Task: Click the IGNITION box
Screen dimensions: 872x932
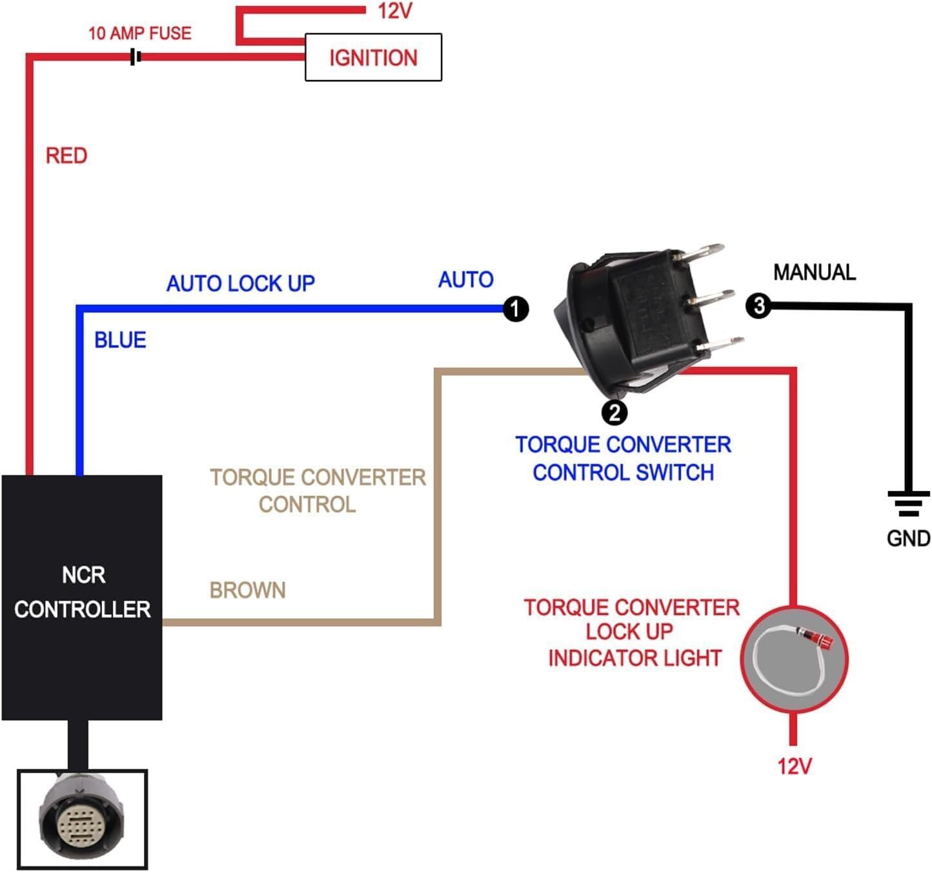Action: (x=373, y=57)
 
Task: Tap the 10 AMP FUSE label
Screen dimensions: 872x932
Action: (x=139, y=33)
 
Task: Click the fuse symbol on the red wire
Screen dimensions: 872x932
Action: (x=136, y=57)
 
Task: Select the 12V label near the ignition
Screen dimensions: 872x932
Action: (x=394, y=11)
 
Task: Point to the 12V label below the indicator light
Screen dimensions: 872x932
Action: (x=794, y=766)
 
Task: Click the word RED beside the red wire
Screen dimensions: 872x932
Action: (x=66, y=156)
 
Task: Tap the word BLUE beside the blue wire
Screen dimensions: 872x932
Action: (x=120, y=340)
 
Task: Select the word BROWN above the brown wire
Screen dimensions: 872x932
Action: (x=247, y=590)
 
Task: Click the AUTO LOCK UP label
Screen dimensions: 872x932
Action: (x=240, y=283)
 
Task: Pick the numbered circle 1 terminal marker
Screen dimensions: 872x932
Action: (x=515, y=309)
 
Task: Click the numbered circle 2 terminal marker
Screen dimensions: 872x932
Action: (x=614, y=412)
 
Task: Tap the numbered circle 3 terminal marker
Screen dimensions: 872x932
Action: (x=758, y=306)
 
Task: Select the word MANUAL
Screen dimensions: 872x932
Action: (x=814, y=272)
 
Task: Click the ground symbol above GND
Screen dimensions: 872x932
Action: (x=908, y=503)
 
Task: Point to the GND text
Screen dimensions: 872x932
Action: (x=908, y=538)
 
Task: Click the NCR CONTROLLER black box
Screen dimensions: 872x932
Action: (x=82, y=597)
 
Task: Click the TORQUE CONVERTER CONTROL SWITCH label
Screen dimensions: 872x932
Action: (x=623, y=459)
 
